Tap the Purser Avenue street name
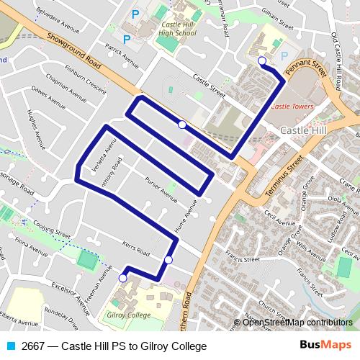click(161, 189)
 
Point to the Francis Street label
click(239, 256)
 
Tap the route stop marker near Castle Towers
click(262, 61)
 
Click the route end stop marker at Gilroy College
click(122, 277)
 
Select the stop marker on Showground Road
click(182, 125)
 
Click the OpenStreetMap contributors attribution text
click(297, 323)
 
